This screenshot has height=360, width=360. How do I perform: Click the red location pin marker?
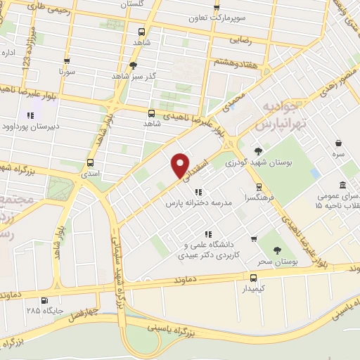click(x=180, y=165)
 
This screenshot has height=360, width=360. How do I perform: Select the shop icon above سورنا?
click(x=67, y=61)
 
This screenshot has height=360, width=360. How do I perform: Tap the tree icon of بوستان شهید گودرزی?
click(x=258, y=151)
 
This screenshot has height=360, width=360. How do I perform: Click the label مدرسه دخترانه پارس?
click(x=199, y=202)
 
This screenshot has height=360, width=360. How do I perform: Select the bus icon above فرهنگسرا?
click(x=259, y=187)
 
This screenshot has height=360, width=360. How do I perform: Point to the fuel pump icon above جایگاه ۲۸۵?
click(x=30, y=297)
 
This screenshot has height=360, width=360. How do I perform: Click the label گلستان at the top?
click(x=136, y=6)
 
